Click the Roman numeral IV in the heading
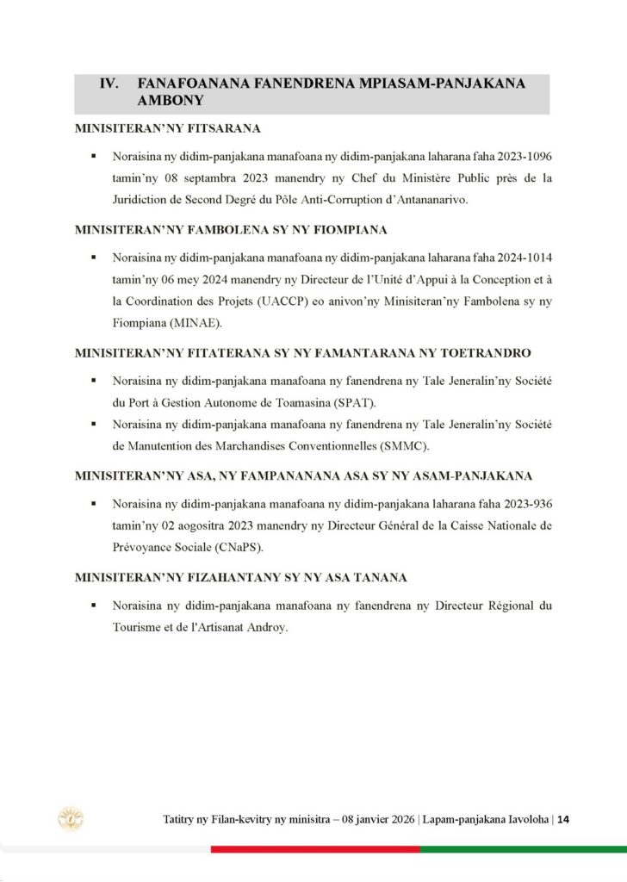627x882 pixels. (109, 84)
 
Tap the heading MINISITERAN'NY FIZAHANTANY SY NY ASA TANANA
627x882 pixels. (240, 577)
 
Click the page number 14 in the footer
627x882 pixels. (563, 819)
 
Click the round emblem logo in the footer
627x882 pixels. (71, 818)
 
